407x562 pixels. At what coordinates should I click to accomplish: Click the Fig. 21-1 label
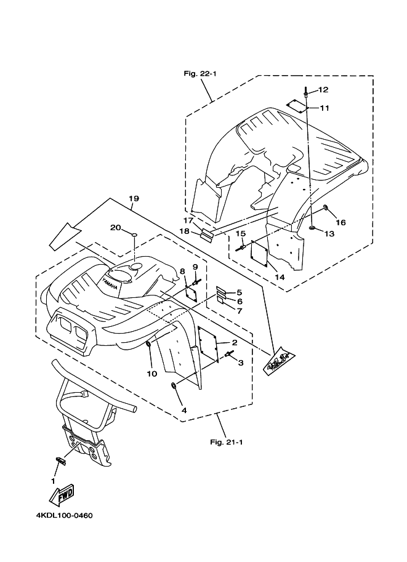click(x=227, y=441)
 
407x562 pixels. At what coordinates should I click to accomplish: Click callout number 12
click(x=323, y=90)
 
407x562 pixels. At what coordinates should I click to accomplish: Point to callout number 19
click(x=134, y=198)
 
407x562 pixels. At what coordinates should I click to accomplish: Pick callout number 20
click(x=115, y=227)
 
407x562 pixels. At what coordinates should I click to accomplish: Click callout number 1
click(x=54, y=480)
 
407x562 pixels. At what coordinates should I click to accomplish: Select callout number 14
click(x=280, y=278)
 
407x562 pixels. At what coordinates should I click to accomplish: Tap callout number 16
click(x=341, y=222)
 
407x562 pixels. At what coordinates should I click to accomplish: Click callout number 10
click(x=152, y=373)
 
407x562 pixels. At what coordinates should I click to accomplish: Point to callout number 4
click(x=183, y=409)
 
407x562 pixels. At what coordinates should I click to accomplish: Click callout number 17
click(x=188, y=220)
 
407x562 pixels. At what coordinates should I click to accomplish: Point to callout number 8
click(x=182, y=271)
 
